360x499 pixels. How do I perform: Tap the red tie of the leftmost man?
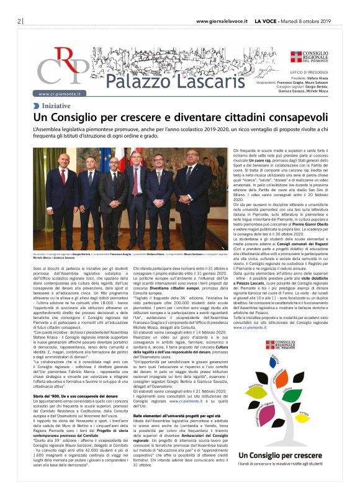point(63,180)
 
